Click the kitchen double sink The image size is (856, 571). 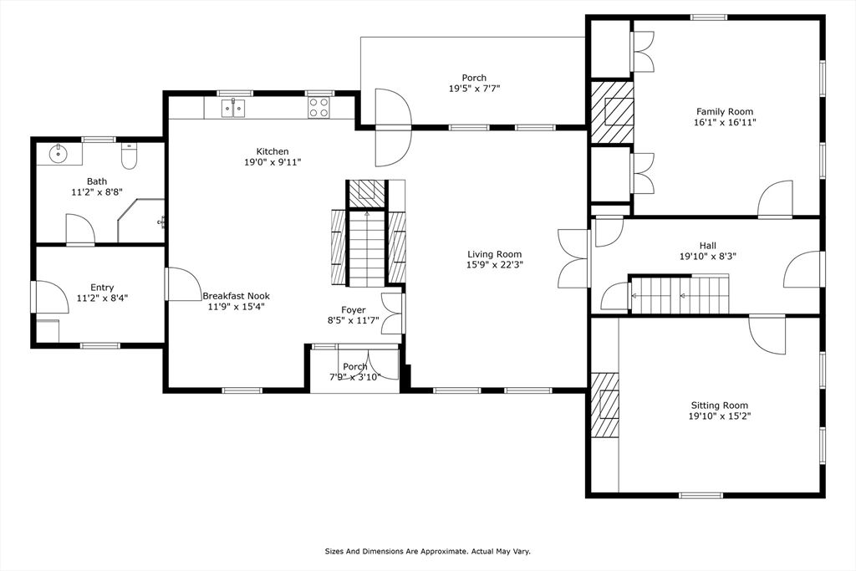pyautogui.click(x=233, y=108)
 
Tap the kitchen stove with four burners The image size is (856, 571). pyautogui.click(x=318, y=108)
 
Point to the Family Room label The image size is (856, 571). pyautogui.click(x=724, y=111)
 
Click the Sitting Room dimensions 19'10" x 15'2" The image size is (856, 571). pyautogui.click(x=719, y=416)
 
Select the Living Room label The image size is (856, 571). pyautogui.click(x=494, y=254)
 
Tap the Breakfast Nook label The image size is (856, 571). pyautogui.click(x=236, y=296)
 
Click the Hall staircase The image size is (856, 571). pyautogui.click(x=679, y=295)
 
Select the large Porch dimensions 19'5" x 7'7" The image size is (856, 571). pyautogui.click(x=474, y=89)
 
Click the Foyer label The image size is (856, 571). pyautogui.click(x=353, y=310)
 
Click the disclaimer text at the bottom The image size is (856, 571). pyautogui.click(x=427, y=551)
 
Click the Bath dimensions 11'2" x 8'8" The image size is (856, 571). pyautogui.click(x=97, y=191)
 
